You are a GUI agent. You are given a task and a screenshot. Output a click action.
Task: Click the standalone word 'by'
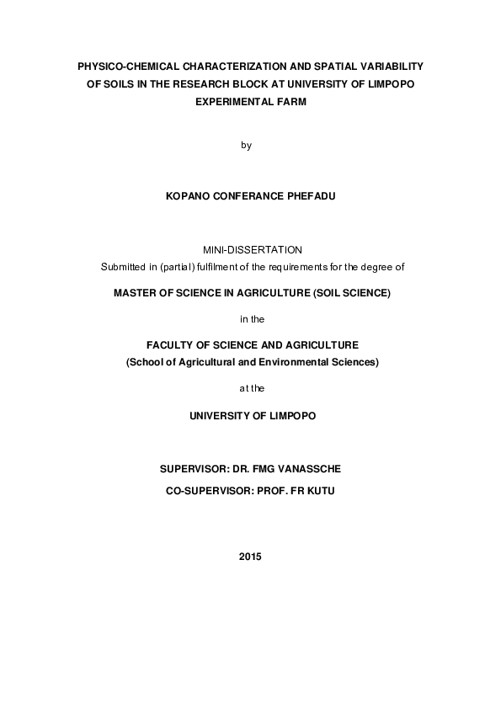tap(247, 145)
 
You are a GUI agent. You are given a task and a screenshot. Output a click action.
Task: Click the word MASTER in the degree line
tap(139, 293)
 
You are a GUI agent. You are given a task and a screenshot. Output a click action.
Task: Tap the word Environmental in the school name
tap(304, 362)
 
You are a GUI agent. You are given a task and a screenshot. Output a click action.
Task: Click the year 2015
tap(251, 557)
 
